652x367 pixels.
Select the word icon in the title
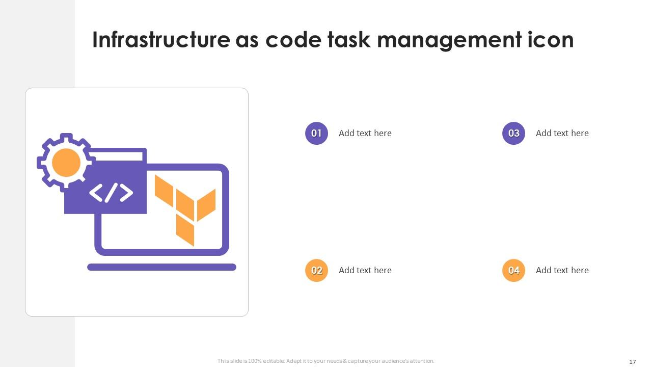click(x=551, y=40)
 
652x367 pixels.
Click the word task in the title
click(x=349, y=40)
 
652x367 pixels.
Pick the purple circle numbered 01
click(x=316, y=133)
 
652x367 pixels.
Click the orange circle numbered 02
click(x=316, y=270)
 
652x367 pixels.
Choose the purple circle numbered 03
click(x=513, y=133)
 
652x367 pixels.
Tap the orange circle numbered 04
click(x=513, y=270)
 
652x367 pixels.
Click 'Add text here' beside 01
click(x=365, y=133)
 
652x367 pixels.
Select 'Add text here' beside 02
click(x=365, y=270)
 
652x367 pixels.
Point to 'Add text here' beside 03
click(x=562, y=133)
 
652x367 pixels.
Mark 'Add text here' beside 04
click(x=562, y=270)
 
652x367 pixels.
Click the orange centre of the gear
click(x=66, y=163)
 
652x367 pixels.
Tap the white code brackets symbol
click(x=111, y=193)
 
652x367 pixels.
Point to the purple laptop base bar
click(x=162, y=267)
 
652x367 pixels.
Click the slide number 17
click(x=632, y=362)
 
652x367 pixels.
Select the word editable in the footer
click(x=274, y=361)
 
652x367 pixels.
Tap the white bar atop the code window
click(x=117, y=156)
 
